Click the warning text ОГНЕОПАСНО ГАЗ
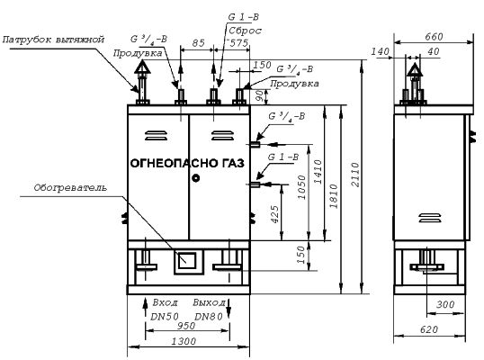coord(187,163)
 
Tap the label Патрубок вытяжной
coord(53,40)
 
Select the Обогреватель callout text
coord(70,188)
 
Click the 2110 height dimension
coord(355,175)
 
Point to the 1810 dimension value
coord(334,196)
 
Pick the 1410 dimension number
coord(318,172)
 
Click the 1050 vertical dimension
coord(302,187)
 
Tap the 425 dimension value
coord(274,214)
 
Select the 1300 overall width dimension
coord(184,341)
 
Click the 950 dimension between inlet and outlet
coord(186,326)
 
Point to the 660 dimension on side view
coord(434,37)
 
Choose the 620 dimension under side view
coord(429,329)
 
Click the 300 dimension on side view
coord(445,305)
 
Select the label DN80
coord(209,317)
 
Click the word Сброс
coord(245,31)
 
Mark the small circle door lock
coord(196,178)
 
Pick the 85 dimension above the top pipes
coord(198,43)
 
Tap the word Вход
coord(166,302)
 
